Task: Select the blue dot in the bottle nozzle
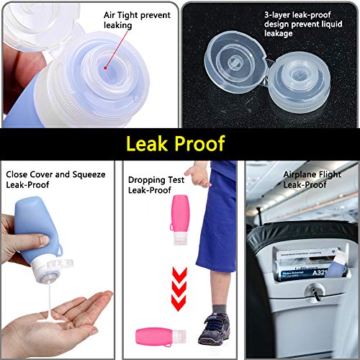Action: pyautogui.click(x=106, y=65)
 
